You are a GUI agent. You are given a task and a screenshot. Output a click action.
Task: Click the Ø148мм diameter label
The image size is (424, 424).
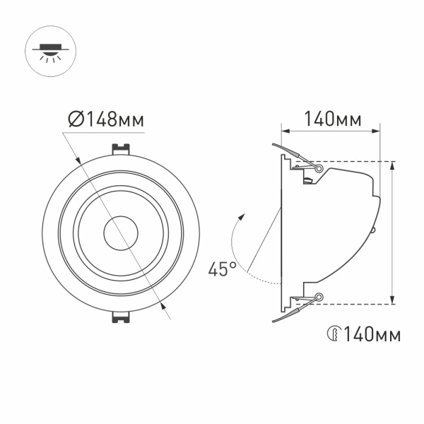tap(107, 119)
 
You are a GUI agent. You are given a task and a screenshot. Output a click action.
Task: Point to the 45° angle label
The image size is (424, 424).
tap(222, 269)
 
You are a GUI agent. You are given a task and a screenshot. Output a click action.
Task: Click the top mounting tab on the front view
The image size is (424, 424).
tap(120, 150)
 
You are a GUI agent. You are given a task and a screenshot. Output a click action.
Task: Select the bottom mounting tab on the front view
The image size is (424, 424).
tap(120, 315)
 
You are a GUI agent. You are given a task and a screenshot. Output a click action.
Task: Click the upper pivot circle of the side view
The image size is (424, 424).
tap(319, 169)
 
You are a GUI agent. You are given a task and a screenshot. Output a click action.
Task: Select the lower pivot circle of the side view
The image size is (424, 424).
tap(319, 297)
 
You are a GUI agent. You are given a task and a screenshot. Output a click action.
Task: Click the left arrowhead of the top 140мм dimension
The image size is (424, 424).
tap(285, 131)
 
